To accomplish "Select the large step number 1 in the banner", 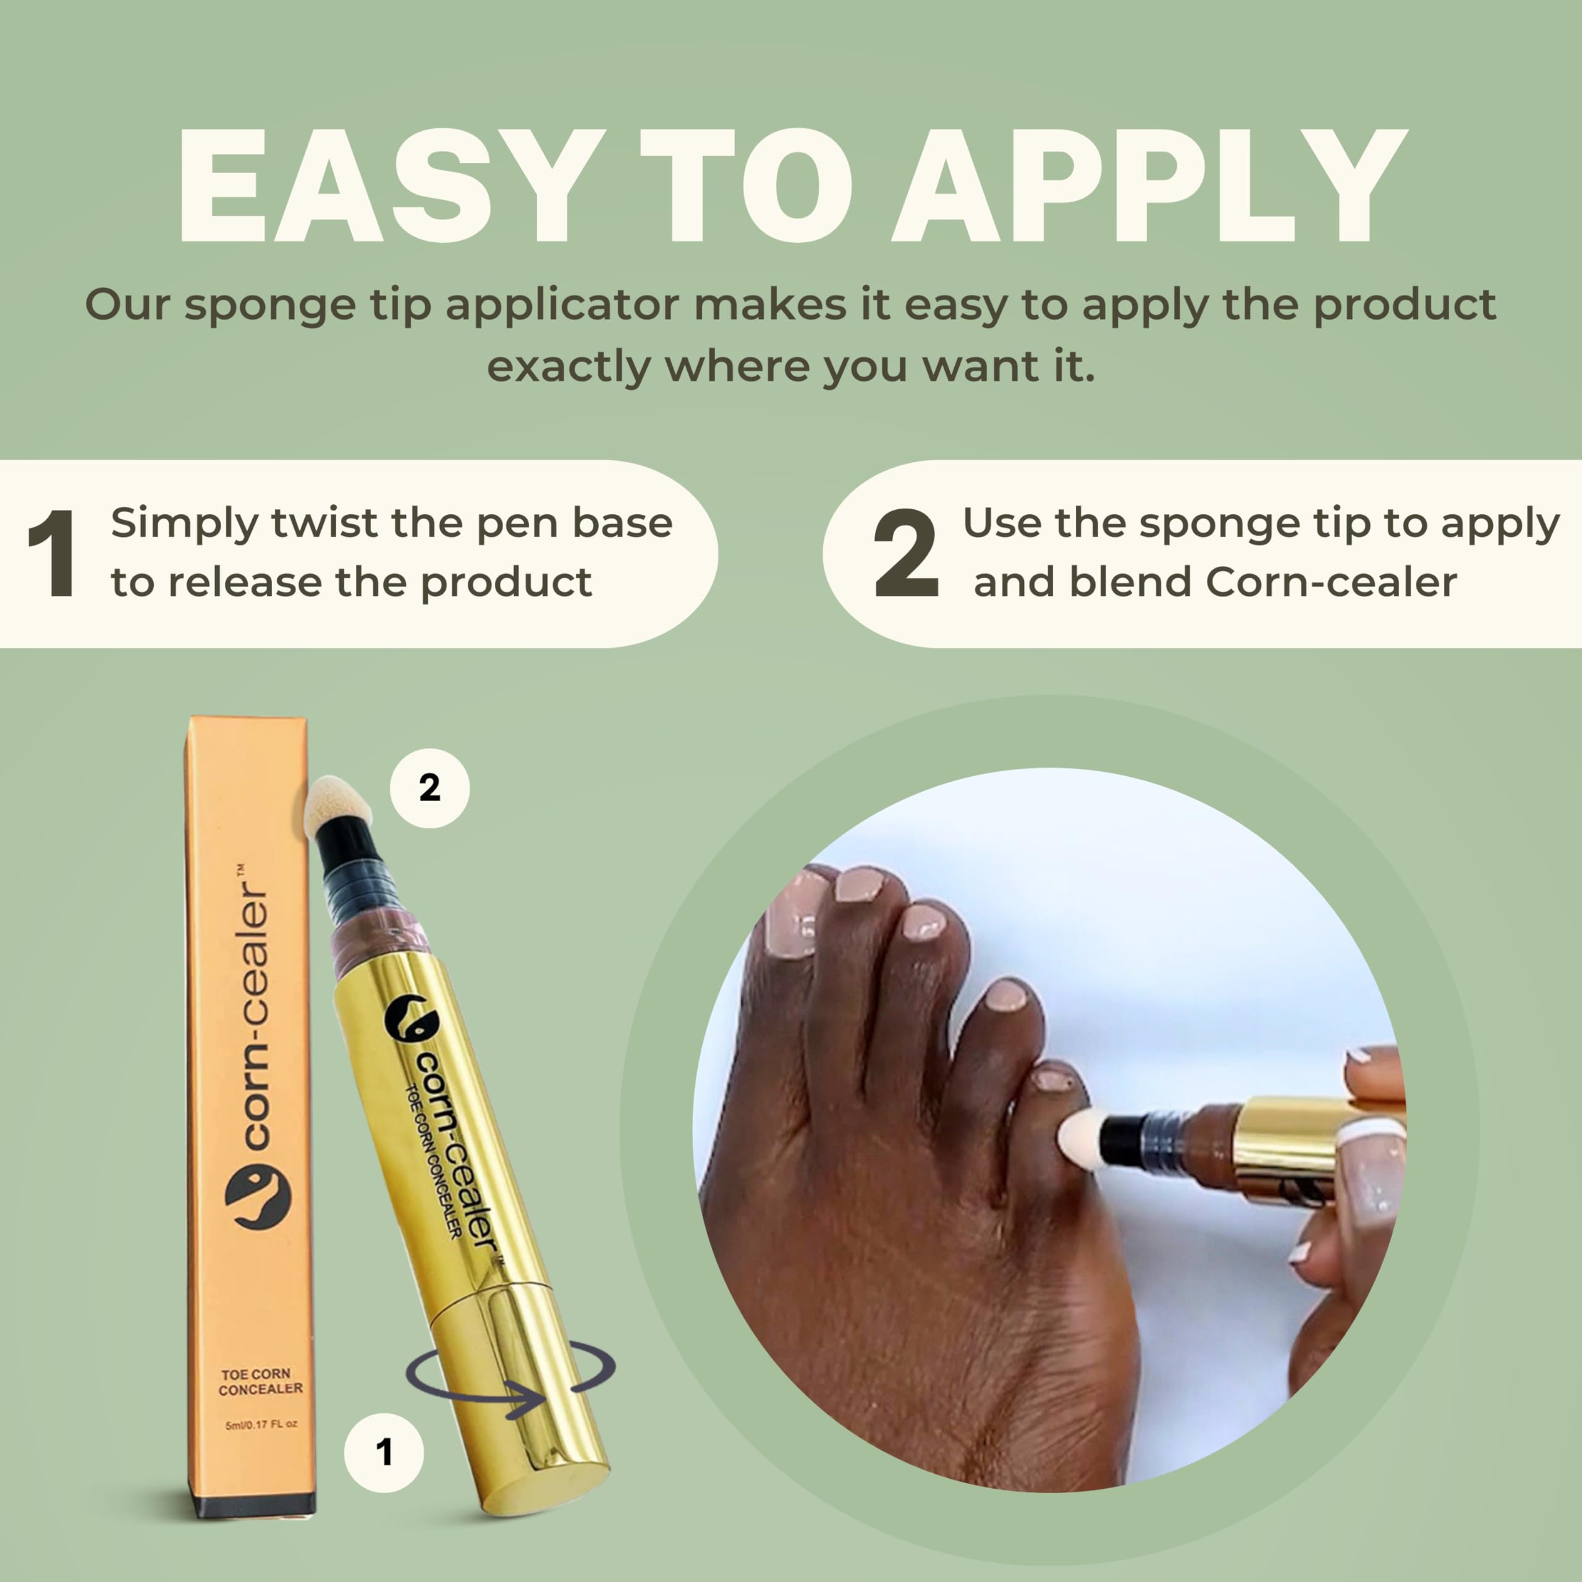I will pos(53,554).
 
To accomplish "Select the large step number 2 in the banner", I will pos(906,554).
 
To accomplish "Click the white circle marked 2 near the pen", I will pos(429,788).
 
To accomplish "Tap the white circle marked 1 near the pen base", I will pos(383,1452).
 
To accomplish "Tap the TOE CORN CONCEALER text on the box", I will pos(260,1381).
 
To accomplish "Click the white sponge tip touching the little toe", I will pos(1079,1136).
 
